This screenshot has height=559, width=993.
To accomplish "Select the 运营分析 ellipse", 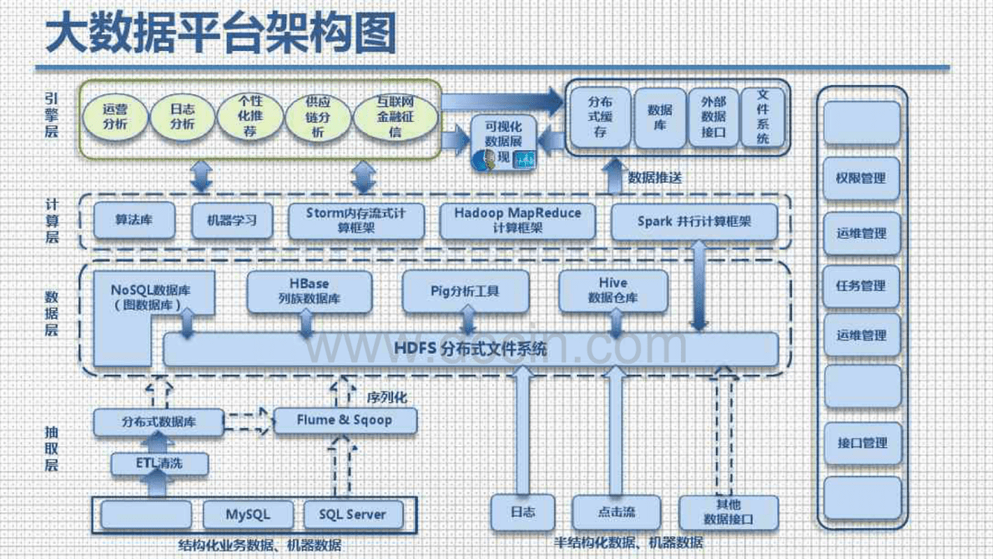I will (114, 117).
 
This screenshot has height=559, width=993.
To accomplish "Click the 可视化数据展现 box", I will (502, 143).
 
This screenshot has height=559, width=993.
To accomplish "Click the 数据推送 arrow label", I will (655, 178).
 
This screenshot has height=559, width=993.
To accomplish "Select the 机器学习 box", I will (227, 221).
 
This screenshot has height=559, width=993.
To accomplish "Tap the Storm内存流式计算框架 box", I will (356, 220).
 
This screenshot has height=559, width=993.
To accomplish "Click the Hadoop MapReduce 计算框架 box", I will (517, 220).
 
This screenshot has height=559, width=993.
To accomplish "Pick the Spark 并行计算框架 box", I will (694, 222).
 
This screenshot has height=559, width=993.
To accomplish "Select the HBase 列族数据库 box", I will (309, 291).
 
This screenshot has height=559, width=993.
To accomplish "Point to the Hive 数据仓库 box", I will (613, 290).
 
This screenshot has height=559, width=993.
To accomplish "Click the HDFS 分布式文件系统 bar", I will (471, 350).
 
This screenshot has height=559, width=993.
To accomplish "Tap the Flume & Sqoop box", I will (344, 421).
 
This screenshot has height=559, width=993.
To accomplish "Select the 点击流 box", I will (617, 511).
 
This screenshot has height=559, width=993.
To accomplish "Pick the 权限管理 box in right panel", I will (861, 179).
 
